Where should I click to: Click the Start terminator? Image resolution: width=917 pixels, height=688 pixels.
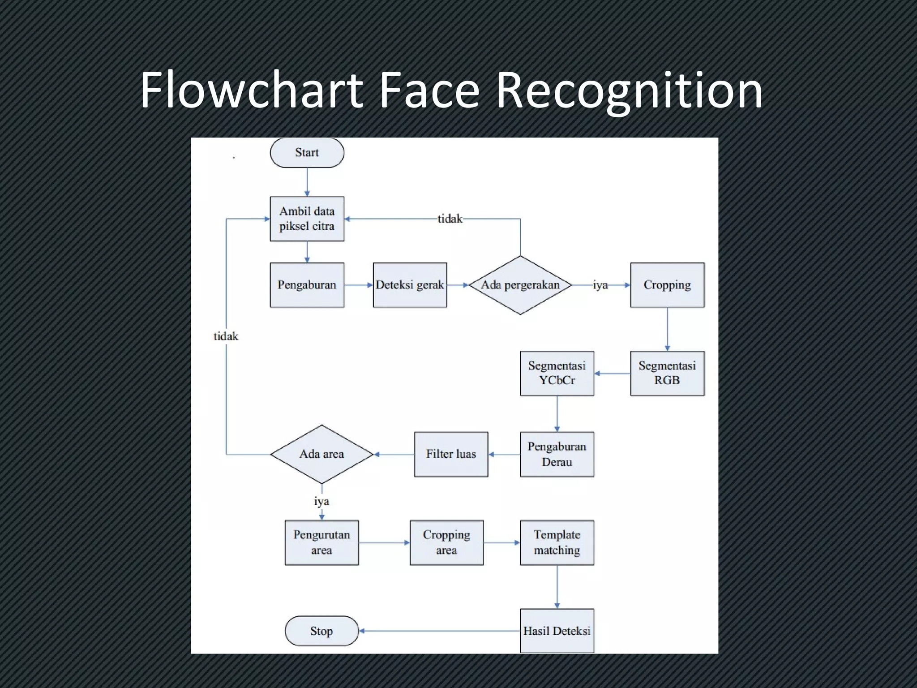point(307,153)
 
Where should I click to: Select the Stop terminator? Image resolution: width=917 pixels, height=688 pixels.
point(321,631)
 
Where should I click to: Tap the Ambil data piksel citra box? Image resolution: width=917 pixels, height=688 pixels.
point(307,219)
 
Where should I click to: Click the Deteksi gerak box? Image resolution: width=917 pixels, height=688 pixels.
point(410,285)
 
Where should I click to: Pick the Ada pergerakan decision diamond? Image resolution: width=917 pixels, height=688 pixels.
point(520,285)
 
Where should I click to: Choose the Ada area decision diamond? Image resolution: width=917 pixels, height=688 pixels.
point(321,454)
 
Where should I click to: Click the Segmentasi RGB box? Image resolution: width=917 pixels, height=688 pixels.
point(667,373)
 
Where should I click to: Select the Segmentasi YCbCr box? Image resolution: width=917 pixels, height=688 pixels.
point(557,373)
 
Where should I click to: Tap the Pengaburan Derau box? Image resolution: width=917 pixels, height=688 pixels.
point(557,454)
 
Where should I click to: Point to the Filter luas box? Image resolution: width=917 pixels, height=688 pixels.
point(451,454)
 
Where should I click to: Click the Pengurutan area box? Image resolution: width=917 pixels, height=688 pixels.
point(321,542)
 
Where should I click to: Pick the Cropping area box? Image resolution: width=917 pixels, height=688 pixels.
point(446,542)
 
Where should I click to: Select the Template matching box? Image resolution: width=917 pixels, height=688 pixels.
point(557,542)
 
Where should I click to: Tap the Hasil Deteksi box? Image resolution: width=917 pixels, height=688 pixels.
point(557,631)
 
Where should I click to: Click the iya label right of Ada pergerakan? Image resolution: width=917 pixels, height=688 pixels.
point(600,285)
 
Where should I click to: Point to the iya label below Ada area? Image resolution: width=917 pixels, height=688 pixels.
point(321,501)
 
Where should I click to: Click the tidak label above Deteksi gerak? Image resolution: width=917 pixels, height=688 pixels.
point(450,219)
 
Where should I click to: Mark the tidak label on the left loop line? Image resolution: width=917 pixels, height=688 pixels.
point(226,336)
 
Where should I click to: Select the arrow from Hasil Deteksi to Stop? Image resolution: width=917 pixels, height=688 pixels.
point(439,631)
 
